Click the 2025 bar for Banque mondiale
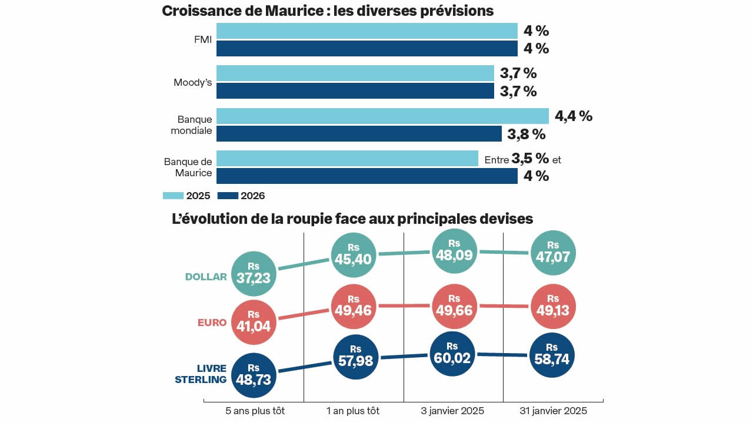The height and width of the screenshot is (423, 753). point(382,116)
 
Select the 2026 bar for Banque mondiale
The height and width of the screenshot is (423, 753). point(359,133)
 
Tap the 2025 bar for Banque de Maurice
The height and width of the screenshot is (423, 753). point(347,159)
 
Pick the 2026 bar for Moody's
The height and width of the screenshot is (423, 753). point(355,91)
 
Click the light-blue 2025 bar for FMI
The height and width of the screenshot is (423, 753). point(366,31)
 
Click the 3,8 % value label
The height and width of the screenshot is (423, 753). point(527,134)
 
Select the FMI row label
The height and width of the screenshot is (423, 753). point(202,40)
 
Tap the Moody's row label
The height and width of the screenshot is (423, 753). point(192,82)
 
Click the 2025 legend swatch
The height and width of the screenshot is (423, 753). point(173,196)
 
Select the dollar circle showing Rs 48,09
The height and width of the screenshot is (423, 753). point(454,251)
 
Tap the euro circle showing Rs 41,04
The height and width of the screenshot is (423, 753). point(254,323)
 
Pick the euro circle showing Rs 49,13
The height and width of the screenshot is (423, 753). point(552,306)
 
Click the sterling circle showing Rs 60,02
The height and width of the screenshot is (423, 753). point(452,354)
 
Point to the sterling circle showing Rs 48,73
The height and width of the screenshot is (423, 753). point(254,374)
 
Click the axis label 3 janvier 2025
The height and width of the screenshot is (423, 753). point(454,411)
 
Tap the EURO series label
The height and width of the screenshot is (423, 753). point(212,323)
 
